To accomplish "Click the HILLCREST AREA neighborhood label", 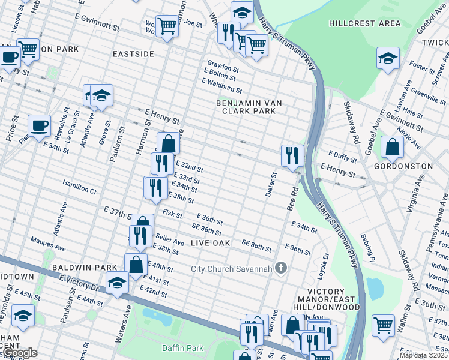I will [x=364, y=23].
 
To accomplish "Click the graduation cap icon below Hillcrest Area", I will [x=387, y=58].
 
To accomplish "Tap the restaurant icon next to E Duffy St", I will [x=292, y=155].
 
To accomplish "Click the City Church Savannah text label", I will [x=231, y=268].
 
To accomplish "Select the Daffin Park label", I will [x=182, y=348].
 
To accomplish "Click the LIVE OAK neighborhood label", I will [x=211, y=243].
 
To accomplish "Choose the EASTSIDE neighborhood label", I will [x=133, y=54].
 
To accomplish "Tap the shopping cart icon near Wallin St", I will [x=383, y=325].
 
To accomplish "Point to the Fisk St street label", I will [x=172, y=213].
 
